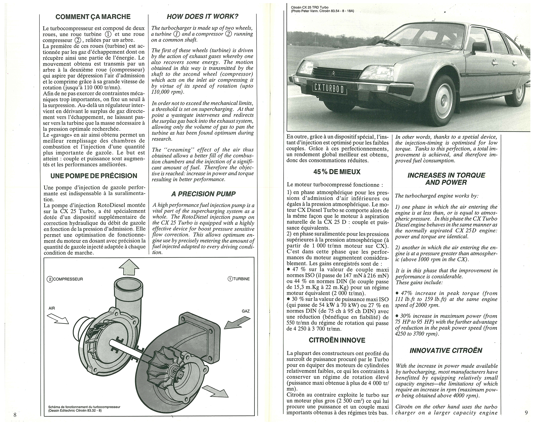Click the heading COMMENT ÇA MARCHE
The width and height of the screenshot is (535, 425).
pyautogui.click(x=93, y=17)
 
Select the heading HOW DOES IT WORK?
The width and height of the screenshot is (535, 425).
pyautogui.click(x=202, y=17)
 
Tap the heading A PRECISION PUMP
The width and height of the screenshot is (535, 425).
pyautogui.click(x=203, y=194)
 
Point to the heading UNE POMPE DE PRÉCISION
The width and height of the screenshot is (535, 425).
pyautogui.click(x=94, y=176)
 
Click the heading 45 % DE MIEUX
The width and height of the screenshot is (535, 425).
pyautogui.click(x=337, y=172)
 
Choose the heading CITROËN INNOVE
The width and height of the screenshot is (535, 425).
pyautogui.click(x=337, y=340)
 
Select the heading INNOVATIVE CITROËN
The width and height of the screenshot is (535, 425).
pyautogui.click(x=446, y=350)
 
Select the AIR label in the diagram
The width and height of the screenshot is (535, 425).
pyautogui.click(x=52, y=308)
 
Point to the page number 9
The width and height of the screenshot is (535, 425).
pyautogui.click(x=526, y=412)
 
